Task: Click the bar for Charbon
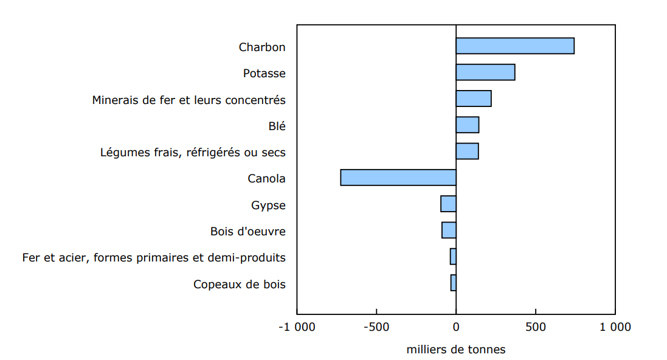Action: point(514,46)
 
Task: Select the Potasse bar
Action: point(485,72)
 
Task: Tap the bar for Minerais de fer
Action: point(473,99)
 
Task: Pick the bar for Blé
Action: point(467,125)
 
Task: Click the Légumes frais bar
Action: point(467,151)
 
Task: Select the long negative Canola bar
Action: point(398,178)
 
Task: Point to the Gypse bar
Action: point(448,204)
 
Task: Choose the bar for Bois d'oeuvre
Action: point(449,230)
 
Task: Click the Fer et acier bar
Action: point(453,257)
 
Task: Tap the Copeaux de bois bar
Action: point(453,283)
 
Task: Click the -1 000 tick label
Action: point(297,327)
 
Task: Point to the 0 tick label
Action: point(456,327)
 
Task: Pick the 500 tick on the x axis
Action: point(535,327)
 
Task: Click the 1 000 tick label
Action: point(613,327)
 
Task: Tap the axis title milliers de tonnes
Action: point(455,350)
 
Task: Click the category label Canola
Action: point(266,179)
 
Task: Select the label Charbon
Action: point(262,47)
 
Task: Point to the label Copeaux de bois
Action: point(239,285)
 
